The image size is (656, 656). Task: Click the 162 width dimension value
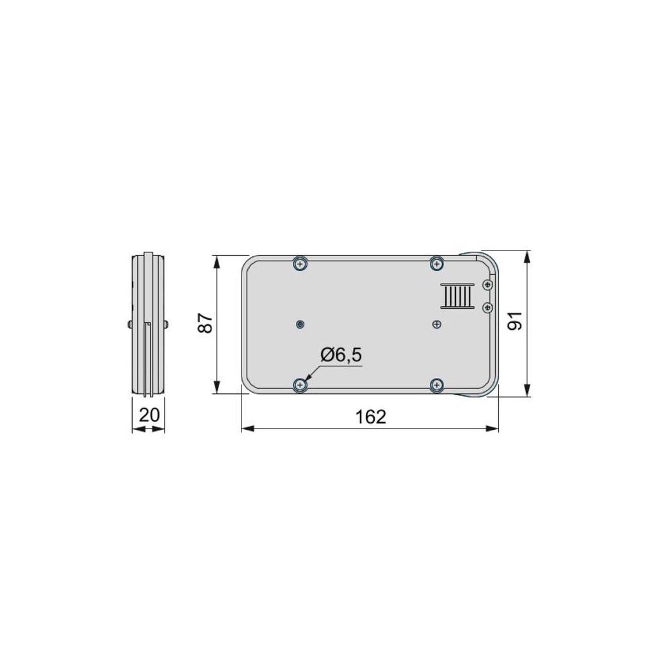371,416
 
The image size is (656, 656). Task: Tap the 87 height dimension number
206,323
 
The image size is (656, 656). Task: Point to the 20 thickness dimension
149,415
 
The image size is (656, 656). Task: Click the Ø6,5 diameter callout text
341,355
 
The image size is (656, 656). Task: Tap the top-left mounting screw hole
300,264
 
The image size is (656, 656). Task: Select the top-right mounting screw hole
437,264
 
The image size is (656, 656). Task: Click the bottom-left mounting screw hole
300,384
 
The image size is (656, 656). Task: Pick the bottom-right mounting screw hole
437,384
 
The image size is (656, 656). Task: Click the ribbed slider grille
457,296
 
